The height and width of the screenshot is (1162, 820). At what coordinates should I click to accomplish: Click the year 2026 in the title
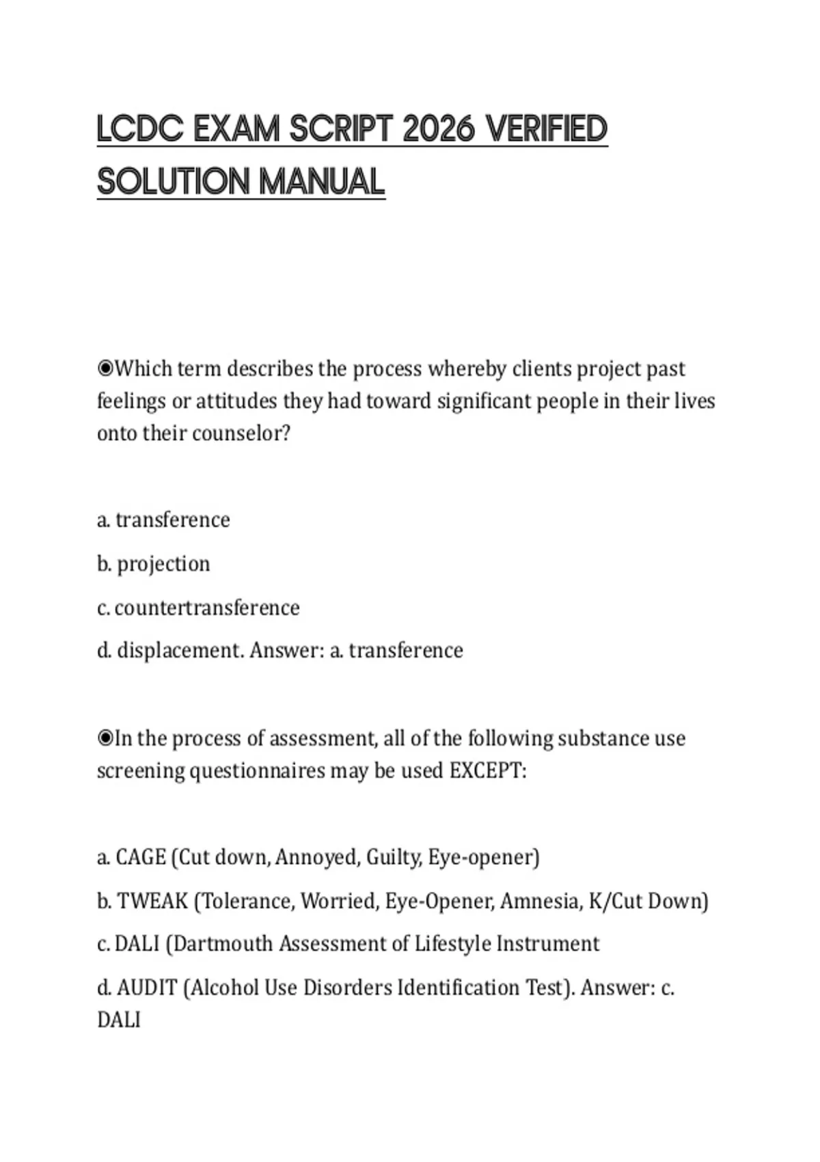[x=438, y=130]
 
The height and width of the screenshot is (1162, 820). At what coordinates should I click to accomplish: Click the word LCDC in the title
[x=140, y=130]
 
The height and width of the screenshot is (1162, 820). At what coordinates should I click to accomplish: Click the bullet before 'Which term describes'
[x=105, y=369]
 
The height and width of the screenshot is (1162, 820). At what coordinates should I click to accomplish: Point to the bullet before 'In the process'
[x=105, y=738]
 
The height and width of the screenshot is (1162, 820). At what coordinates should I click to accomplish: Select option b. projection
[x=154, y=564]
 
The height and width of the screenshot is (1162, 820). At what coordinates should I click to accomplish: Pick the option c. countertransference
[x=198, y=608]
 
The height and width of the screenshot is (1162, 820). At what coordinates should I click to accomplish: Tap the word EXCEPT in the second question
[x=487, y=771]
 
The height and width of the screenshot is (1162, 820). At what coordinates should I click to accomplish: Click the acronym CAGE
[x=141, y=857]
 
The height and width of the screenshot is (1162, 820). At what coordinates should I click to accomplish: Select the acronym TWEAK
[x=152, y=901]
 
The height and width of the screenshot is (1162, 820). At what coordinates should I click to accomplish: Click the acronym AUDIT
[x=147, y=988]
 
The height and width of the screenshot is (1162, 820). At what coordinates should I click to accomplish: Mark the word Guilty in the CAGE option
[x=393, y=857]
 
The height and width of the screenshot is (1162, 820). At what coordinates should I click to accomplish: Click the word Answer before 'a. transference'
[x=286, y=650]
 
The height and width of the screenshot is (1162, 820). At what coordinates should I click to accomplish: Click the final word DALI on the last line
[x=119, y=1020]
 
